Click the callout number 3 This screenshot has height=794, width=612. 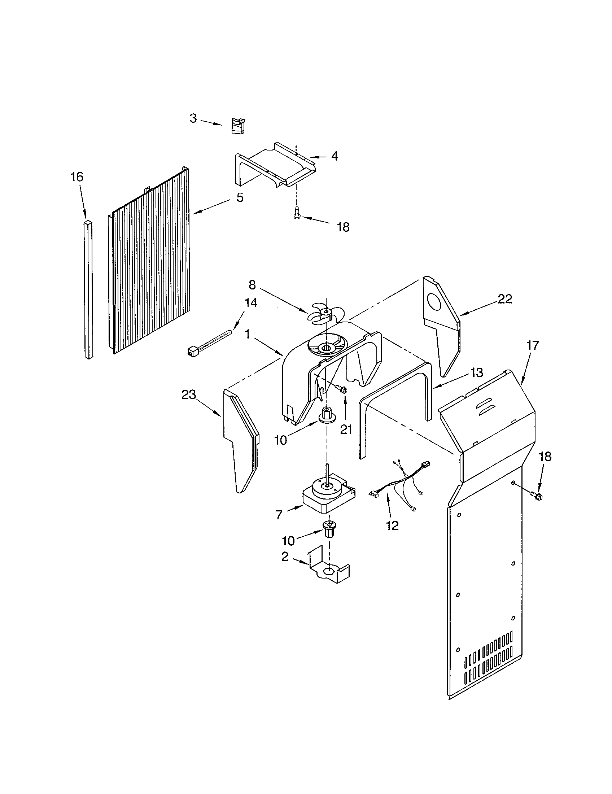tap(193, 118)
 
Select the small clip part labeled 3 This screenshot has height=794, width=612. tap(238, 126)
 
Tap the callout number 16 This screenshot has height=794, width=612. tap(77, 177)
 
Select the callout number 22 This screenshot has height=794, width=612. tap(505, 299)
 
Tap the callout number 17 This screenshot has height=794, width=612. tap(533, 345)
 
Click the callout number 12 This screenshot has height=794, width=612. tap(393, 525)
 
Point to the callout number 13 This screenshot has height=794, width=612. tap(477, 372)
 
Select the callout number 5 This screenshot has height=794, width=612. tap(240, 197)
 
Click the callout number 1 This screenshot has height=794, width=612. tap(247, 334)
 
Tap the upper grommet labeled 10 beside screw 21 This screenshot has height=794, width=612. tap(326, 415)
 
